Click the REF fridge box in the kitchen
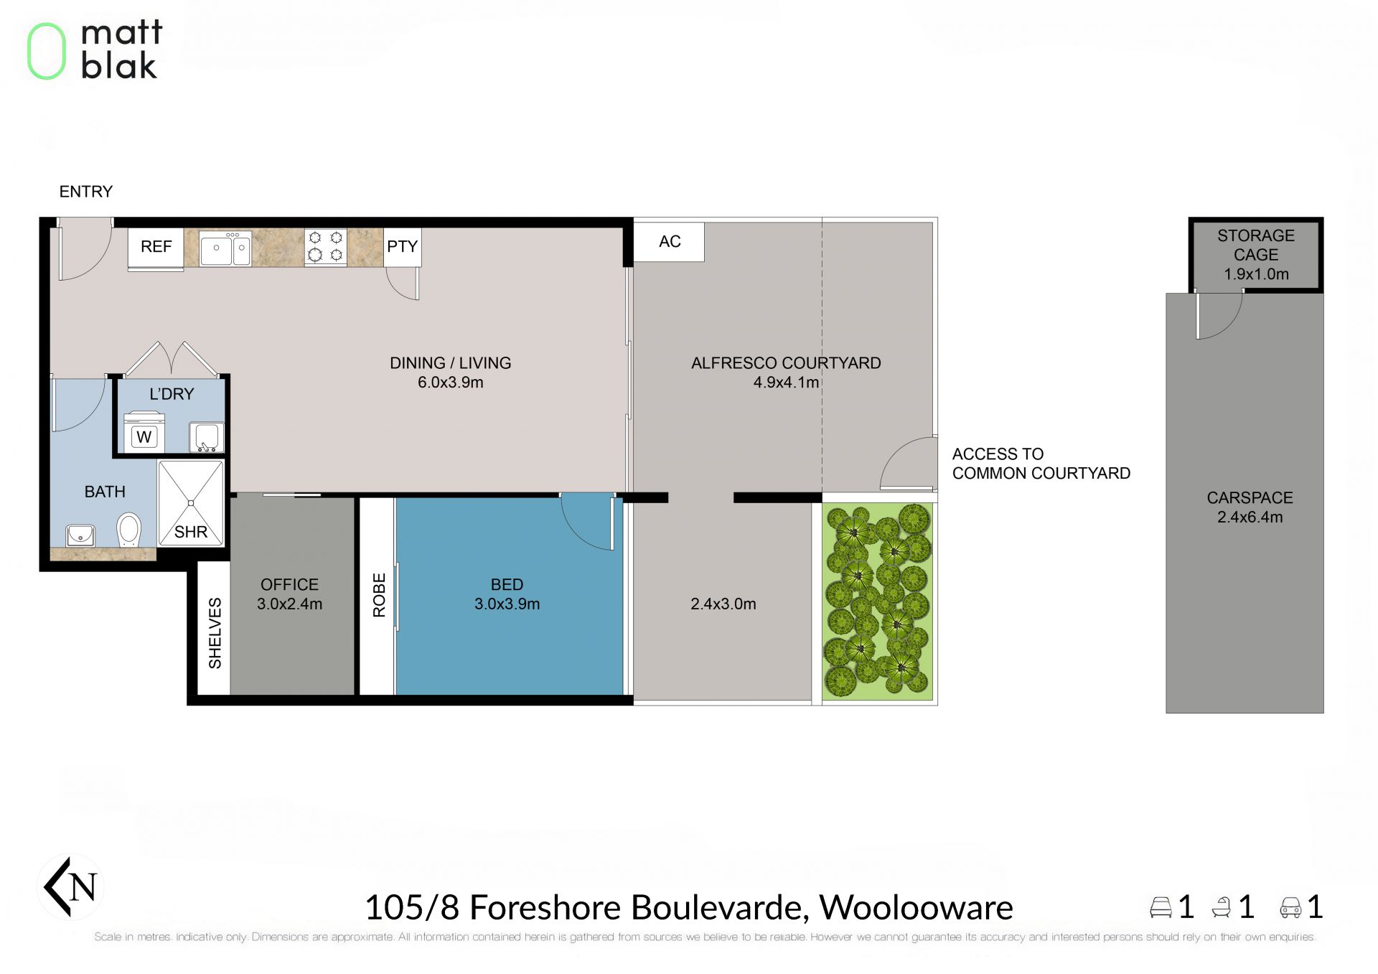pyautogui.click(x=156, y=248)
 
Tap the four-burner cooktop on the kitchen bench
pyautogui.click(x=325, y=247)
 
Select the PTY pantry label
pyautogui.click(x=402, y=247)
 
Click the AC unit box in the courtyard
pyautogui.click(x=669, y=242)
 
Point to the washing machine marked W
pyautogui.click(x=144, y=433)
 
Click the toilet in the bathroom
pyautogui.click(x=128, y=530)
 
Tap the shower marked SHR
pyautogui.click(x=190, y=502)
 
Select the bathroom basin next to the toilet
pyautogui.click(x=80, y=535)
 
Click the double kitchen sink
pyautogui.click(x=225, y=249)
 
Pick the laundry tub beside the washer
pyautogui.click(x=207, y=437)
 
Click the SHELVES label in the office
pyautogui.click(x=215, y=633)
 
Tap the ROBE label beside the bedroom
pyautogui.click(x=379, y=595)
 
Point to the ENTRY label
pyautogui.click(x=86, y=192)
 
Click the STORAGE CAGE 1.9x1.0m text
pyautogui.click(x=1256, y=255)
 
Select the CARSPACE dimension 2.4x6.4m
pyautogui.click(x=1250, y=517)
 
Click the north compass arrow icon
pyautogui.click(x=70, y=887)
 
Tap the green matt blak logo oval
pyautogui.click(x=47, y=51)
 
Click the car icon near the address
pyautogui.click(x=1290, y=907)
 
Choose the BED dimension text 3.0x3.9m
pyautogui.click(x=507, y=604)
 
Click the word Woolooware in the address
pyautogui.click(x=916, y=907)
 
